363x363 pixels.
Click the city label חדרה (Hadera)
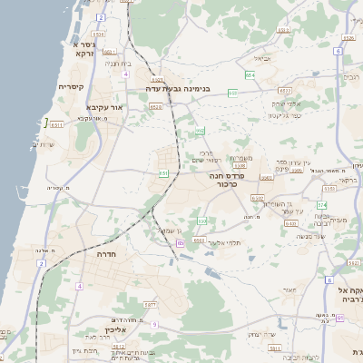point(108,255)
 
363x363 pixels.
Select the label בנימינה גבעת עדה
point(178,89)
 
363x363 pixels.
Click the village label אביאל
point(261,58)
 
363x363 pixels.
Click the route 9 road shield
point(155,324)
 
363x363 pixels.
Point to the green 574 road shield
point(321,204)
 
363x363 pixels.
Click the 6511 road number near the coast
point(56,124)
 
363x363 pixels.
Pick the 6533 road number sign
point(283,91)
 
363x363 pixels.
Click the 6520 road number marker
point(156,107)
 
